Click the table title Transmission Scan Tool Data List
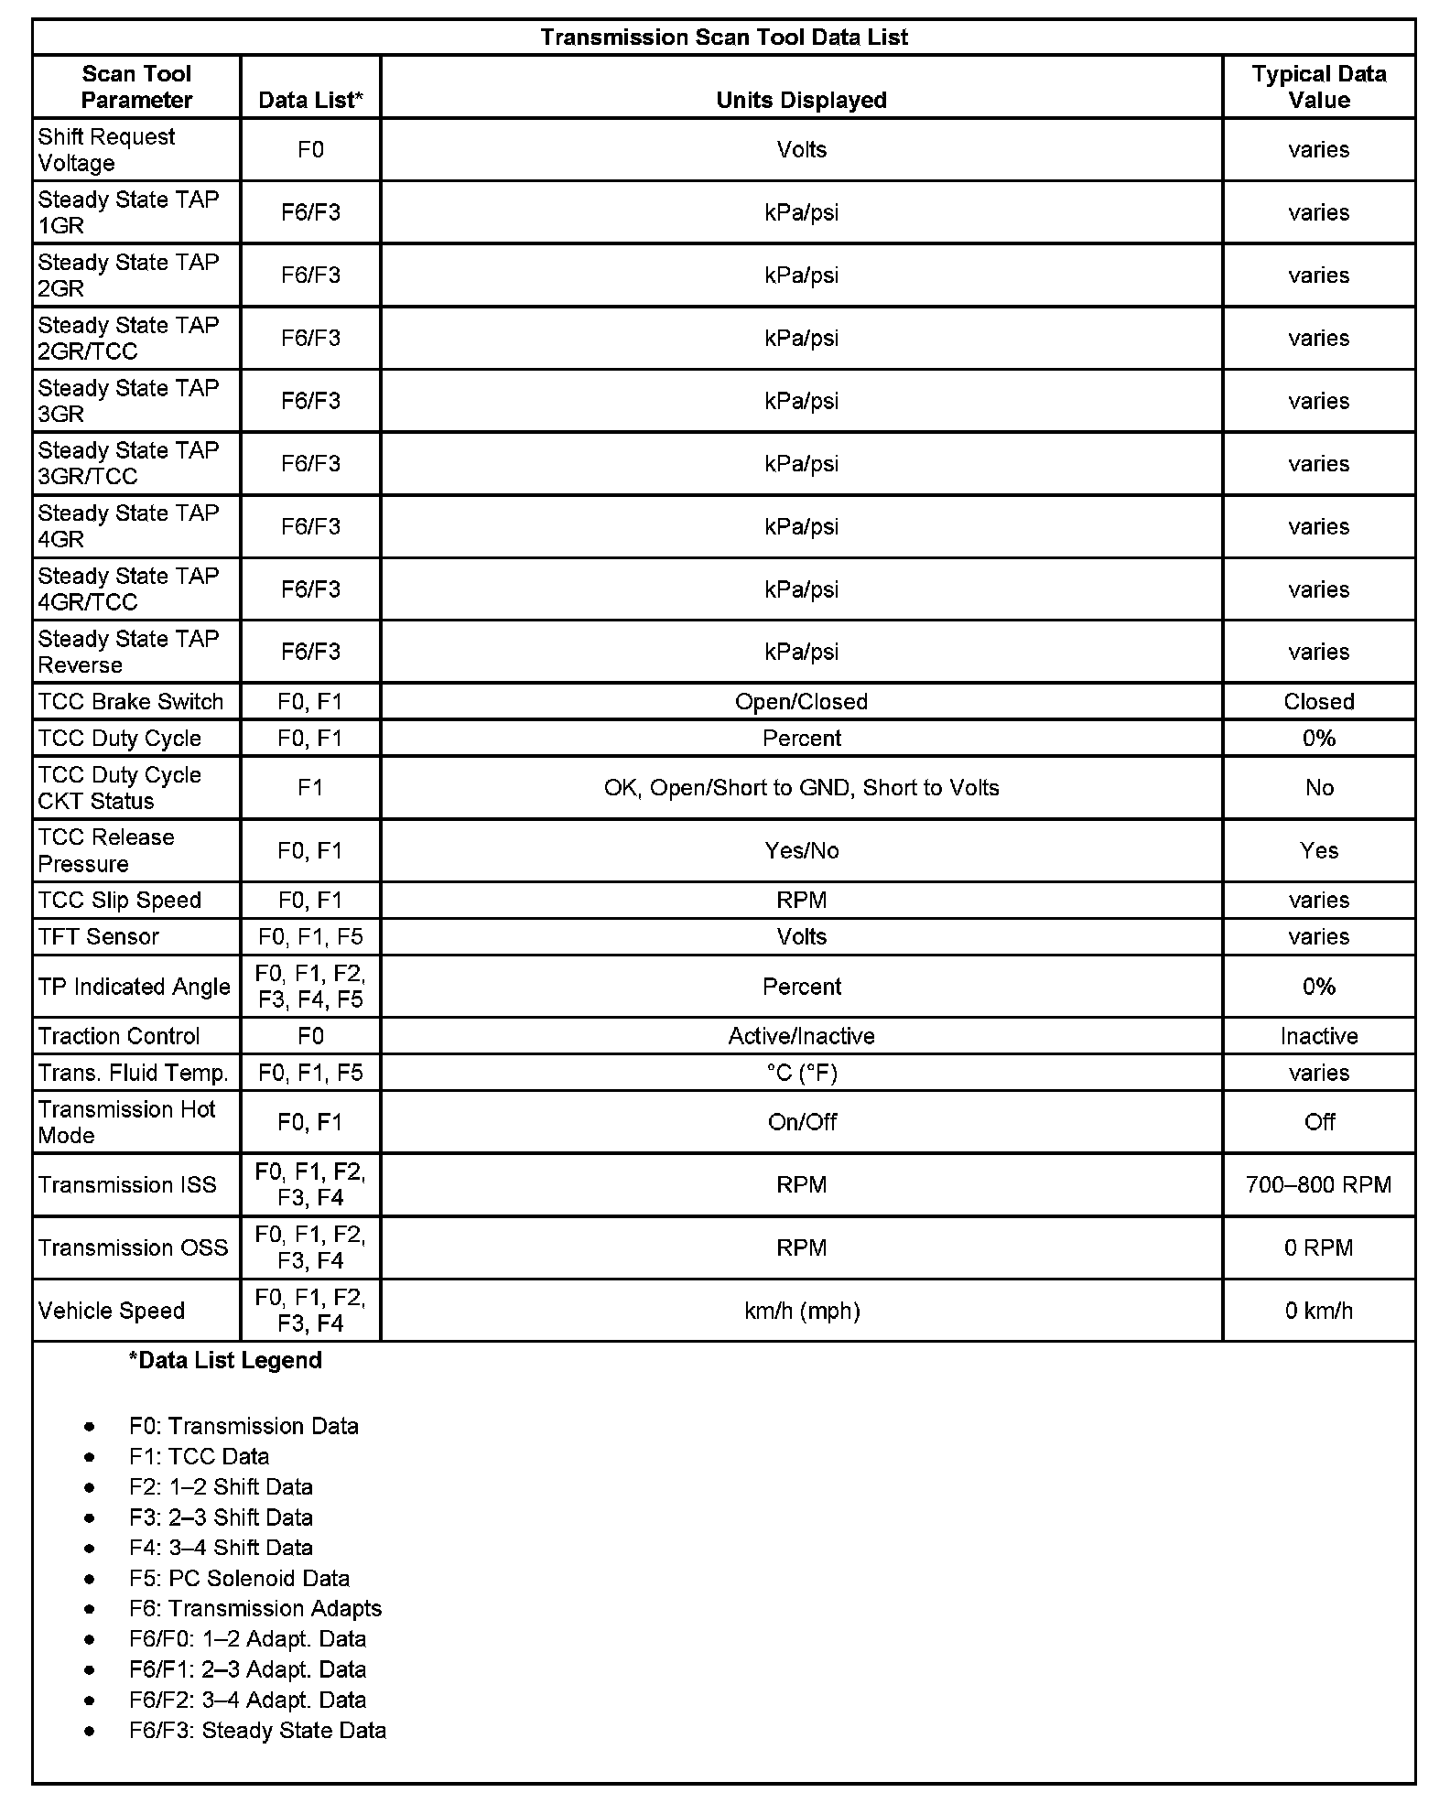(x=723, y=38)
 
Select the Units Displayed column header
(x=801, y=100)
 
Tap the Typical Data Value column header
(x=1318, y=87)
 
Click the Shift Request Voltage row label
(x=106, y=149)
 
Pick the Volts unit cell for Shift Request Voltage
(x=801, y=149)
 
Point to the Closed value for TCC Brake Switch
(x=1318, y=702)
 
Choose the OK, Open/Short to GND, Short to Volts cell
(x=801, y=788)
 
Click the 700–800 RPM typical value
(x=1318, y=1185)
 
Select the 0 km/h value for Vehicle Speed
(x=1318, y=1311)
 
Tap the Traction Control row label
(x=119, y=1036)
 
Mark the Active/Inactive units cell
(x=801, y=1036)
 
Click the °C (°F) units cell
(x=801, y=1073)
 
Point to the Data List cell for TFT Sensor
(x=310, y=936)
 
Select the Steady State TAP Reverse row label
(x=128, y=652)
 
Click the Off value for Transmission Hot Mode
(x=1318, y=1122)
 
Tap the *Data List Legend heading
(x=225, y=1360)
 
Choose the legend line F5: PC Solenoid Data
(x=239, y=1578)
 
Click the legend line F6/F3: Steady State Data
(x=257, y=1730)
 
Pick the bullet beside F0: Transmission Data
(x=89, y=1427)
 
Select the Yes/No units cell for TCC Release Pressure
(x=801, y=851)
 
